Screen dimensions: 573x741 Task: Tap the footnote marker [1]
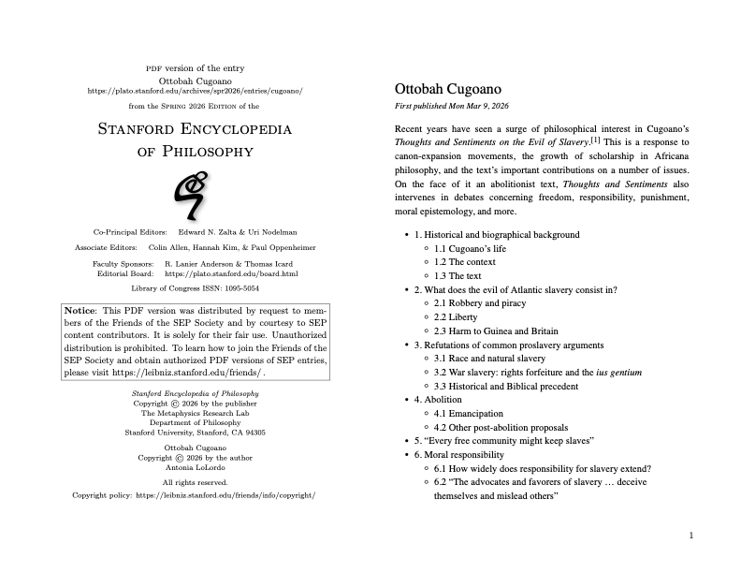pos(595,140)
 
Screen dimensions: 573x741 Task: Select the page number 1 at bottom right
pos(690,536)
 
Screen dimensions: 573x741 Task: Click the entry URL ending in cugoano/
pos(195,91)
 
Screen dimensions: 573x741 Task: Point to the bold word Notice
pos(80,310)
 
